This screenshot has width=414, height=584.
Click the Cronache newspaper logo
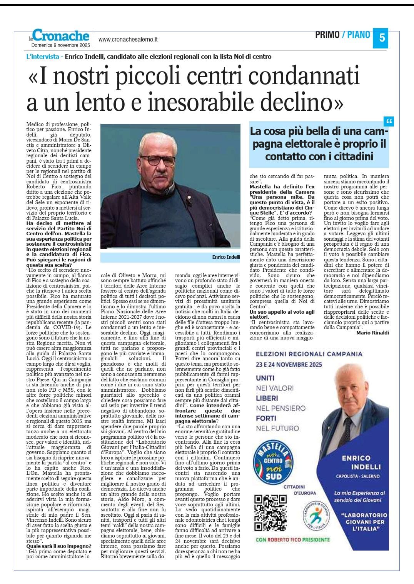[x=61, y=36]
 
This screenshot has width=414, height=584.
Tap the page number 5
[x=381, y=38]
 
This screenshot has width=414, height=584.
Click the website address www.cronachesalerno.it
[x=128, y=40]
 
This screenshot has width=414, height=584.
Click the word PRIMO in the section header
[x=327, y=35]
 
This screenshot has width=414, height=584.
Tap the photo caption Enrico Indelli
[x=226, y=257]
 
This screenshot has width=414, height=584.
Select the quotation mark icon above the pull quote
[x=389, y=122]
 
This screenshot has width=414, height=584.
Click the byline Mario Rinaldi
[x=372, y=333]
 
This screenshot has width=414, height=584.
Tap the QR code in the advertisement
[x=271, y=513]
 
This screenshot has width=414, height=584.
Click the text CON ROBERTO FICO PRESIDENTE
[x=292, y=539]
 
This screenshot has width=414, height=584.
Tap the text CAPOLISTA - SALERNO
[x=357, y=476]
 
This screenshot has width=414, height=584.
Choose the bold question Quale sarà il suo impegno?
[x=58, y=546]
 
